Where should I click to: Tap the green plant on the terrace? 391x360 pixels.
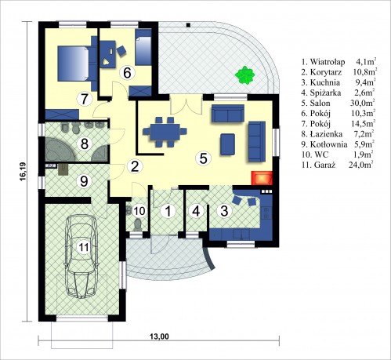coord(244,75)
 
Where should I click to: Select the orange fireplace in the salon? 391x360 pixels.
coord(262,178)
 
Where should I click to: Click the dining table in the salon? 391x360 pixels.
coord(165,132)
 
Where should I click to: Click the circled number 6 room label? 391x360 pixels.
coord(127,72)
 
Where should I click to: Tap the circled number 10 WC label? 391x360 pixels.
coord(139,211)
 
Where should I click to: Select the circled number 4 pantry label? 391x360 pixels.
coord(197,211)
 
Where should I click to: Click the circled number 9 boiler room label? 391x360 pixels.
coord(84,181)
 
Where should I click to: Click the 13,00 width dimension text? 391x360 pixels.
coord(159,336)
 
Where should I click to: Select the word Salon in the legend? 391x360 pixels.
coord(320,103)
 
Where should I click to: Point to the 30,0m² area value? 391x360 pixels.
coord(363,103)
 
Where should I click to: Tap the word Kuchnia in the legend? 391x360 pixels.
coord(325,82)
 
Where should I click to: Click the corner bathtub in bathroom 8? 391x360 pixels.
coord(60,149)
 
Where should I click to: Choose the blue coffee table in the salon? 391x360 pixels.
coord(227,144)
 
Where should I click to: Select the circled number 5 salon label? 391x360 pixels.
coord(203,158)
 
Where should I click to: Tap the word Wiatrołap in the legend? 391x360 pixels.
coord(328,62)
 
